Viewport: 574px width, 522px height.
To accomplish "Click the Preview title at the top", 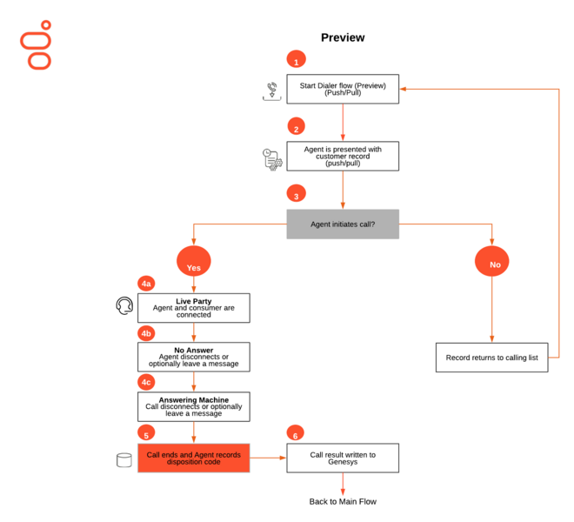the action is [343, 37].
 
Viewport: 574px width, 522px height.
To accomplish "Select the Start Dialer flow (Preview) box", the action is [343, 89].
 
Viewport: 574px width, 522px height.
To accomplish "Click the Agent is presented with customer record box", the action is [343, 156].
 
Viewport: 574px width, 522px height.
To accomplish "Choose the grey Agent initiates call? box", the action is [343, 224].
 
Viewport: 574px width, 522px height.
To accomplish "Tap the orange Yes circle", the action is [194, 261].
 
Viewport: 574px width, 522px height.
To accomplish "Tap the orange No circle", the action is [491, 261].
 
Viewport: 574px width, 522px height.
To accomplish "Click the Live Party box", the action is [194, 308].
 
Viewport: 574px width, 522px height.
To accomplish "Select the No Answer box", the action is [194, 357].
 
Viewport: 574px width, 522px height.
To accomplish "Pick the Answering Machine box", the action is [194, 406].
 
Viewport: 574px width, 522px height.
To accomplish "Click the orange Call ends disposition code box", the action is [194, 458].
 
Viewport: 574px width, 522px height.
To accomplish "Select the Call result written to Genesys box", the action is [343, 458].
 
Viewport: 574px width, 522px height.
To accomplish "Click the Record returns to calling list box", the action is [491, 358].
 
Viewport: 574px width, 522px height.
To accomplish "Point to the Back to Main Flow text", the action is [343, 501].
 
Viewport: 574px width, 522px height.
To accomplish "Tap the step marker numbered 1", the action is [297, 59].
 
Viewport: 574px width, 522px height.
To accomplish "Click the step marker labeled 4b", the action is [146, 333].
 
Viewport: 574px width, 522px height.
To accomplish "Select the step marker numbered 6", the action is [296, 432].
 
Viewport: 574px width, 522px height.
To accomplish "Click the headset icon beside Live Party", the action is [124, 306].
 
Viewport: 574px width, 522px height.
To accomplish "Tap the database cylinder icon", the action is [124, 460].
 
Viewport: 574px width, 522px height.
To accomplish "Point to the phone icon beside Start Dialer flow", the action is [272, 90].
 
